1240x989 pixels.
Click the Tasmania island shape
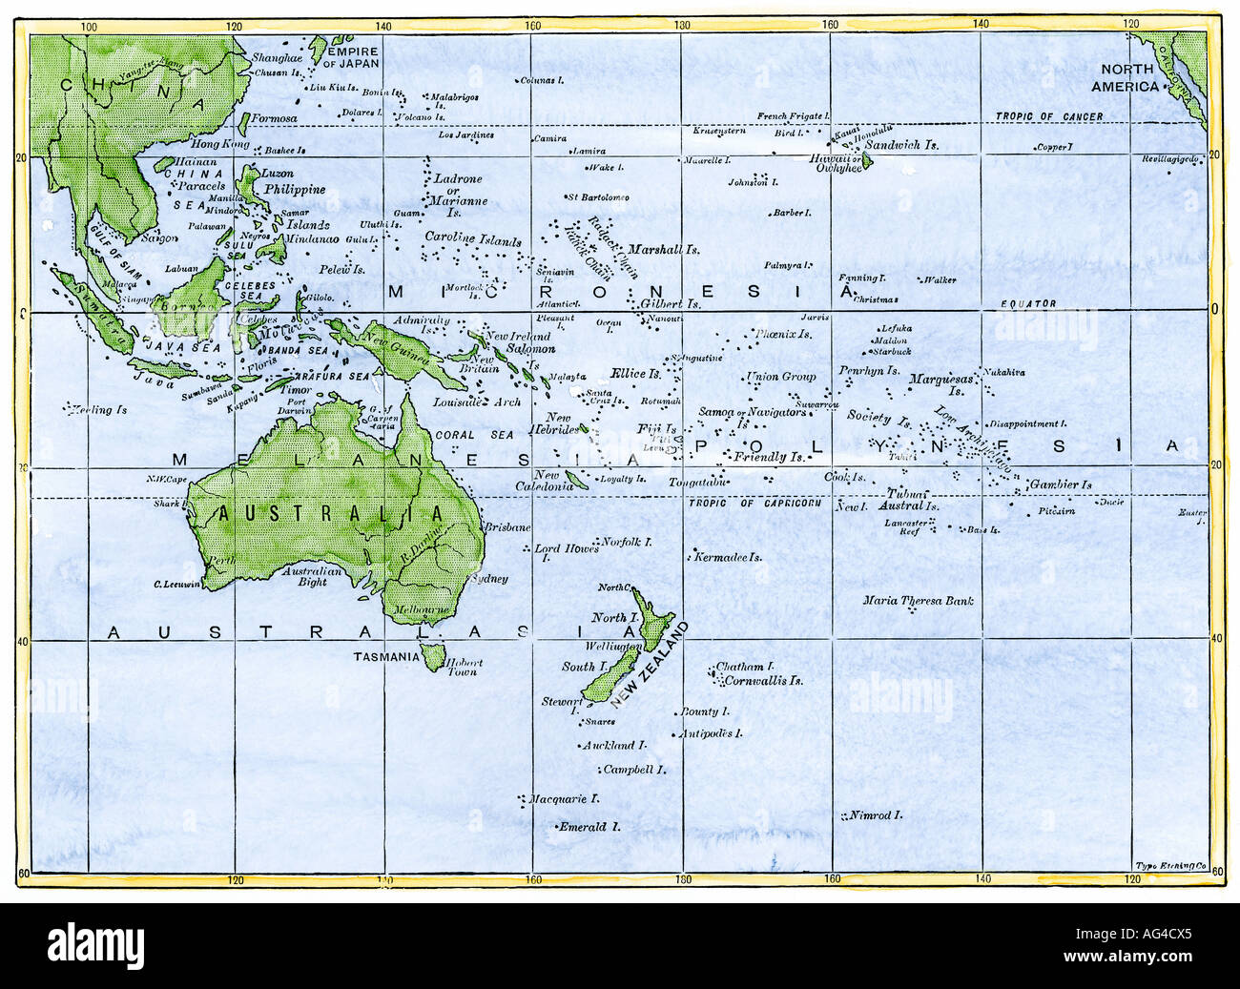point(433,656)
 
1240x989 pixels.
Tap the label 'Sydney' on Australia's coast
point(490,579)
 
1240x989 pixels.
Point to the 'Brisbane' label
point(507,527)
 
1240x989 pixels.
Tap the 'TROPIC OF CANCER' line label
point(1049,117)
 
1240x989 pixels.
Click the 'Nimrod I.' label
point(877,815)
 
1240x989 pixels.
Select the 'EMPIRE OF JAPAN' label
point(352,57)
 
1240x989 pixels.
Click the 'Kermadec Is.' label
point(729,556)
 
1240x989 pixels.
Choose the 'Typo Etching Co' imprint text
point(1171,866)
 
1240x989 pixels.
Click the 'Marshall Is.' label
point(664,249)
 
